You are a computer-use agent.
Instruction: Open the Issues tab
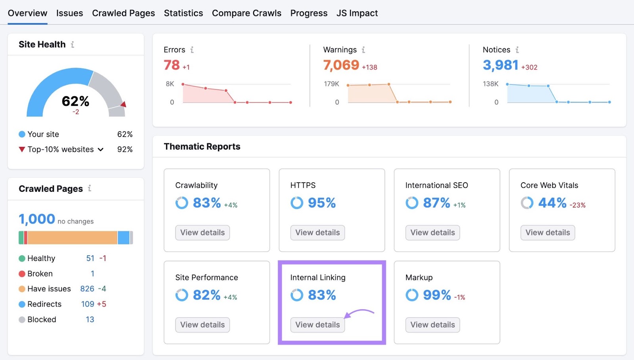69,13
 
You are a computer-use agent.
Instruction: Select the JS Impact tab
357,13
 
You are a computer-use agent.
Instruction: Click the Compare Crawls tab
246,13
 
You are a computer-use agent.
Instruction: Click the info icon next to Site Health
73,45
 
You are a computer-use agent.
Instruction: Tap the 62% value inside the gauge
75,101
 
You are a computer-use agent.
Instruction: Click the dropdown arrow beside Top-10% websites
101,150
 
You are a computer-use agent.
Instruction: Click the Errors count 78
172,65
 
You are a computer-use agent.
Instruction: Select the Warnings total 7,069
341,65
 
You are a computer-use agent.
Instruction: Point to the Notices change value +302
529,67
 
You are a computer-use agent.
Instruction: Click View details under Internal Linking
317,325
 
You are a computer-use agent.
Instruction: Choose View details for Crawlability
202,232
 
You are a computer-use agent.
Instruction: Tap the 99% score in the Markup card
437,295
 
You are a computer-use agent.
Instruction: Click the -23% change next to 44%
577,205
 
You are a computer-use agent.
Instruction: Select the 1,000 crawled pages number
37,219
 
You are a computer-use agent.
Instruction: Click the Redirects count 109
88,304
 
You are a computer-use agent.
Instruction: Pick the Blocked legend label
42,320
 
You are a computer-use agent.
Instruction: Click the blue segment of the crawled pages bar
124,238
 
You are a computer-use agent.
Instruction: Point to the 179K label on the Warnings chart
331,84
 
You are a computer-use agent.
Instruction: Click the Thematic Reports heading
202,147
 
